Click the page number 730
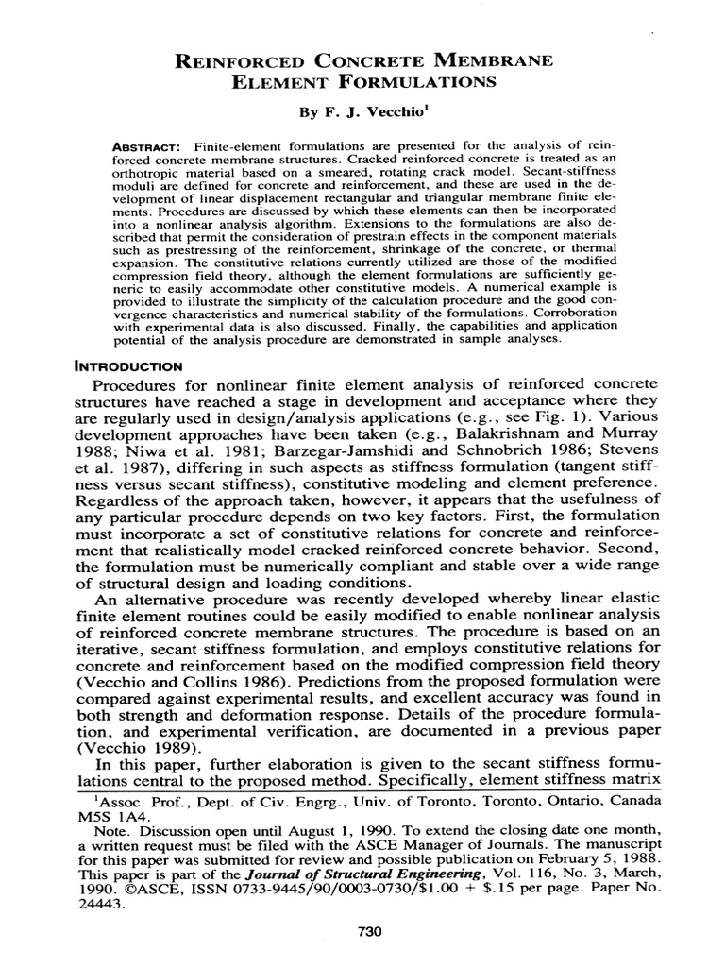pos(369,932)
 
